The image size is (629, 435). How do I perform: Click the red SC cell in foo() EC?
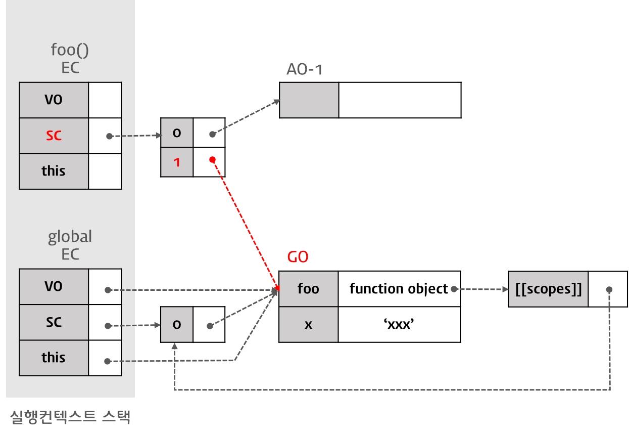pos(54,136)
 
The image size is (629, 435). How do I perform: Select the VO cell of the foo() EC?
pos(54,100)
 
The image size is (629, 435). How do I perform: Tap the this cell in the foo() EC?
pos(54,171)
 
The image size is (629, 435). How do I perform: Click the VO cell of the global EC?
pos(54,286)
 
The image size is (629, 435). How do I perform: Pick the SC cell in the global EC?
pos(54,322)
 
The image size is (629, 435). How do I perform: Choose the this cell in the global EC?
pos(54,357)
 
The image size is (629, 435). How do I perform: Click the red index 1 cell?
pos(177,162)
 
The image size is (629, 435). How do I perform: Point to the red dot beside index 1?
pos(212,160)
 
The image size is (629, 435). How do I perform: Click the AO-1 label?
pos(305,70)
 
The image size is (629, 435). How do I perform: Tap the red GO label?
pos(298,257)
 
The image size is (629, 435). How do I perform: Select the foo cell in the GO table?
pos(308,289)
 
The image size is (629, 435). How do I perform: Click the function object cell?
pos(399,289)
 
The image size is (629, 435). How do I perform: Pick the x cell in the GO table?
pos(308,324)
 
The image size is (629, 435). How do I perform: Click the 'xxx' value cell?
pos(399,324)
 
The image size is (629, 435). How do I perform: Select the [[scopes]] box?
pos(548,289)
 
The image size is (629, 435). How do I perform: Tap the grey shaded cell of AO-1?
pos(309,100)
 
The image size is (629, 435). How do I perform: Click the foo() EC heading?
pos(70,58)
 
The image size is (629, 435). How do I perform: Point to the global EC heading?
pos(70,245)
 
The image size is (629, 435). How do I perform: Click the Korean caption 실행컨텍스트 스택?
pos(70,417)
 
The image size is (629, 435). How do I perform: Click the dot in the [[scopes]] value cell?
pos(609,289)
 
